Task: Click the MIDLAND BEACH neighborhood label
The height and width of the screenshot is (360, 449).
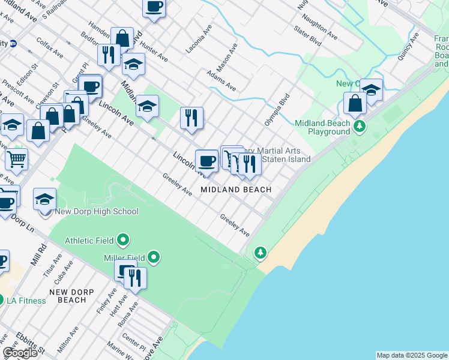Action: coord(236,190)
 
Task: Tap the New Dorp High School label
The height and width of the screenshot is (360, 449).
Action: coord(97,211)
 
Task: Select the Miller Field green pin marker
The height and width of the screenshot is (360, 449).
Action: coord(154,258)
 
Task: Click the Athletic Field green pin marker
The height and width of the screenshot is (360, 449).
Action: coord(123,241)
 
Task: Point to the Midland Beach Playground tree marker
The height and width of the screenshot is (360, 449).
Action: coord(360,126)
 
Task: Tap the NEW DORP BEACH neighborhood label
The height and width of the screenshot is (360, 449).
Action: coord(68,296)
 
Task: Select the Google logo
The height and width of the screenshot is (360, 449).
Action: coord(20,353)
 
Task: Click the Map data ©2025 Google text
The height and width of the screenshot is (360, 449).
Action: coord(412,355)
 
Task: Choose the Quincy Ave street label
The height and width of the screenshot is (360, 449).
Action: coord(408,47)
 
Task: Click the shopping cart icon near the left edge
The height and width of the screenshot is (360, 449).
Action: coord(16,160)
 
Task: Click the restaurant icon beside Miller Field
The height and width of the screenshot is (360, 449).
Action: coord(135,278)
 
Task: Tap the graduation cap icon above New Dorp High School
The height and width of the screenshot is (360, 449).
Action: coord(44,199)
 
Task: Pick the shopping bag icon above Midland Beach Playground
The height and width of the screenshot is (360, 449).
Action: coord(355,103)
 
